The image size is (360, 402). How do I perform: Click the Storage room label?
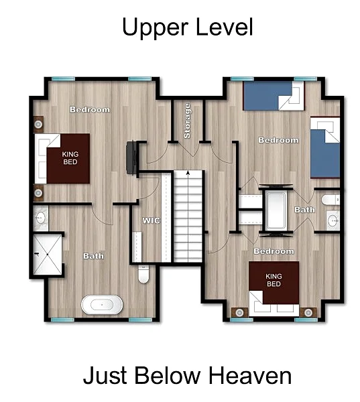point(187,121)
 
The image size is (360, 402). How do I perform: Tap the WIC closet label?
point(151,220)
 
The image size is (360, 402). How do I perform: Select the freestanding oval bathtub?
point(102,304)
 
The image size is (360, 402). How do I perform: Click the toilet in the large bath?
point(143,274)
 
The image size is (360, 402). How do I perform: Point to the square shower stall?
point(48,255)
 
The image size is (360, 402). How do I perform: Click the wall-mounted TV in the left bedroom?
point(131,158)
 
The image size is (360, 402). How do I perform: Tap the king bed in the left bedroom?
point(62,158)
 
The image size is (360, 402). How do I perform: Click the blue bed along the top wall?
point(274,96)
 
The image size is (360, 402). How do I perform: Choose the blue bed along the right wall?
point(325,147)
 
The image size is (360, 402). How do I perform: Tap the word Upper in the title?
point(155,27)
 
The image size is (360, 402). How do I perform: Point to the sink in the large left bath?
point(40,218)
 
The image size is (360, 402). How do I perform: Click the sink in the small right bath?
point(333,220)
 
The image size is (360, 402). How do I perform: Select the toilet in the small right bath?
point(331,200)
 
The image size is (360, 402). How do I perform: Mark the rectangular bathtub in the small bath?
point(276,210)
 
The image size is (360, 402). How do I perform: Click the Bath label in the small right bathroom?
point(304,210)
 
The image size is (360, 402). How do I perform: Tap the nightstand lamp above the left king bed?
point(38,125)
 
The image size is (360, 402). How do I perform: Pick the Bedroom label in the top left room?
point(90,109)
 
